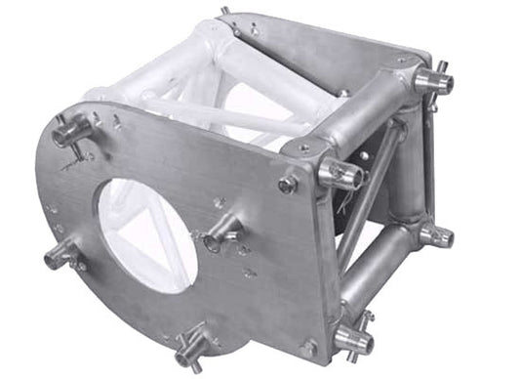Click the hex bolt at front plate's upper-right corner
tap(288, 182)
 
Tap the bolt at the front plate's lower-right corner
tap(308, 346)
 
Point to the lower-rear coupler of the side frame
tap(434, 234)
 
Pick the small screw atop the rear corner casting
tap(401, 61)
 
